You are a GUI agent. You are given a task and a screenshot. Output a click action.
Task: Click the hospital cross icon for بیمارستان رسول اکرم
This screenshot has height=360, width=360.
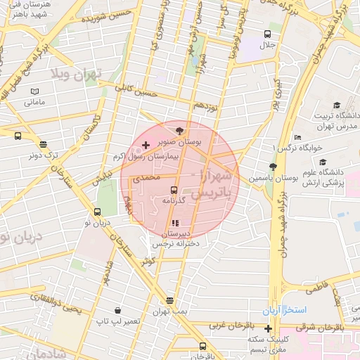coord(146,146)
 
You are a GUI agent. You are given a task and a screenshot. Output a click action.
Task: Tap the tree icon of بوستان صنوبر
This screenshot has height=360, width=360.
coord(179,130)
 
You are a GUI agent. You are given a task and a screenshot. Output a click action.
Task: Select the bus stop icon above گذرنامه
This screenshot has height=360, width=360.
coord(174,190)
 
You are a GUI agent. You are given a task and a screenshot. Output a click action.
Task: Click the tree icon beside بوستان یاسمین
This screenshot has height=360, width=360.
coord(272,167)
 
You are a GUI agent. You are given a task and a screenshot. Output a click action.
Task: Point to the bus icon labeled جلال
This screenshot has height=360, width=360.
coord(267,34)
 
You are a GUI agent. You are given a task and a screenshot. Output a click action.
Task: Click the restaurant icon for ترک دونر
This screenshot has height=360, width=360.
coord(43,144)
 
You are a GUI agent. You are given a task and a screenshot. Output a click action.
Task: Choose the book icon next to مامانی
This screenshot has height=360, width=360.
coord(35,91)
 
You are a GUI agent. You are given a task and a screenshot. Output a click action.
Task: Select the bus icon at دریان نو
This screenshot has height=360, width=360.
coord(98,212)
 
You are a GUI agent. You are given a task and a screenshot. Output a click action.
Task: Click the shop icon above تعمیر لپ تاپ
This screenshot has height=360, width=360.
coord(117,310)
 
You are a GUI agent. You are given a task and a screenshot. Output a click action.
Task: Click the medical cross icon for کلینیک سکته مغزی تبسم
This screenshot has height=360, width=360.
coord(268,328)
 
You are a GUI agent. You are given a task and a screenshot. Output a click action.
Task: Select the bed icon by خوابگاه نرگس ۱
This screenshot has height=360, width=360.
coord(298,138)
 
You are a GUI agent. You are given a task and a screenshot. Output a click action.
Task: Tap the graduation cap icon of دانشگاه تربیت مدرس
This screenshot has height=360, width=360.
coord(323,104)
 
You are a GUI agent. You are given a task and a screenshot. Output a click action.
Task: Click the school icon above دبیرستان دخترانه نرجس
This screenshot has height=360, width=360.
coord(175,223)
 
